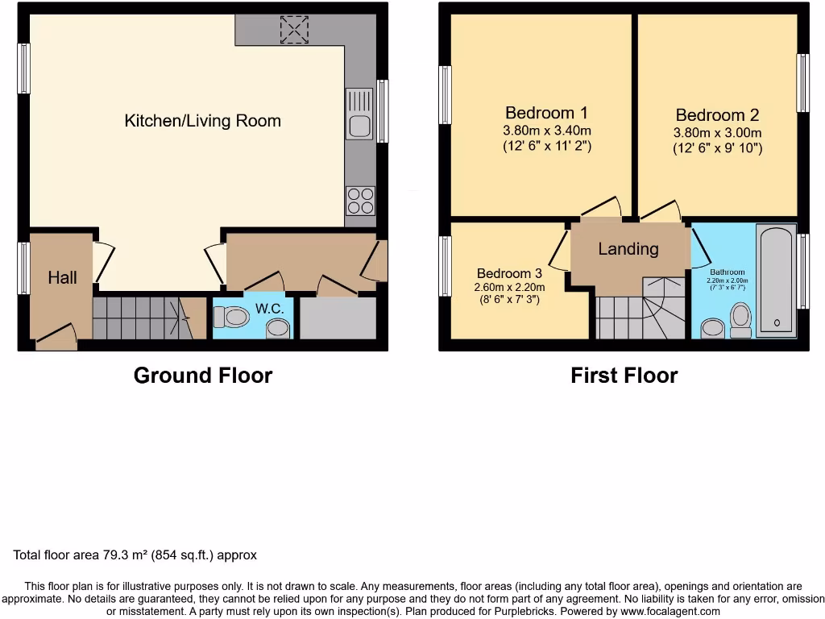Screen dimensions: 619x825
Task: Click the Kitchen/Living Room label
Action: click(x=202, y=121)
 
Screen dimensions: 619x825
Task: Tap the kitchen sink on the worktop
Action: click(x=359, y=114)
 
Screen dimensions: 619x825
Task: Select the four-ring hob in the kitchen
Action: click(x=360, y=201)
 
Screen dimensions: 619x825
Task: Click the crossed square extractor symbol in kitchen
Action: click(x=294, y=31)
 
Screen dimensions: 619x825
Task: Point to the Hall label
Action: click(x=62, y=277)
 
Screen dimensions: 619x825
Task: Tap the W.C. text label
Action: click(x=269, y=309)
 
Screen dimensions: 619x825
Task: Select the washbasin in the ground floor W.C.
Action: click(x=278, y=327)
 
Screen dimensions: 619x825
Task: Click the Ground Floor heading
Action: click(x=202, y=376)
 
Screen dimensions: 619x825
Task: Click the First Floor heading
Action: click(x=624, y=376)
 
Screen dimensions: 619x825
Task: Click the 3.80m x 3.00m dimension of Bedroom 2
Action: click(x=717, y=133)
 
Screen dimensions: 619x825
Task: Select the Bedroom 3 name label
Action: click(x=509, y=272)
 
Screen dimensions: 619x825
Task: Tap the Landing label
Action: click(x=628, y=249)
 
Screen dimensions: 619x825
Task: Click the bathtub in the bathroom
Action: click(x=776, y=280)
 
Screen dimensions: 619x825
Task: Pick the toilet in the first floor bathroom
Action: click(x=740, y=319)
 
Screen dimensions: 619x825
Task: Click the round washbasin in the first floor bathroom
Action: click(x=712, y=328)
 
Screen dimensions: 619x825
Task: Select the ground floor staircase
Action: click(x=141, y=318)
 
